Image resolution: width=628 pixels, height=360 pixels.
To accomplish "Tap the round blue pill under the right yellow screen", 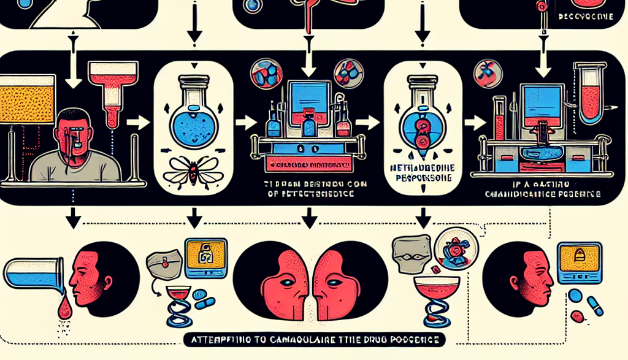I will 575,296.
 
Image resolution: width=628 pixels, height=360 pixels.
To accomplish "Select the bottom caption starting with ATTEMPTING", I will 313,339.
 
